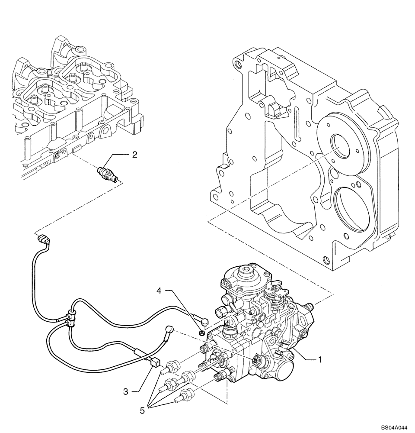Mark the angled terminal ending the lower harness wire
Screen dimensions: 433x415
170,330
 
